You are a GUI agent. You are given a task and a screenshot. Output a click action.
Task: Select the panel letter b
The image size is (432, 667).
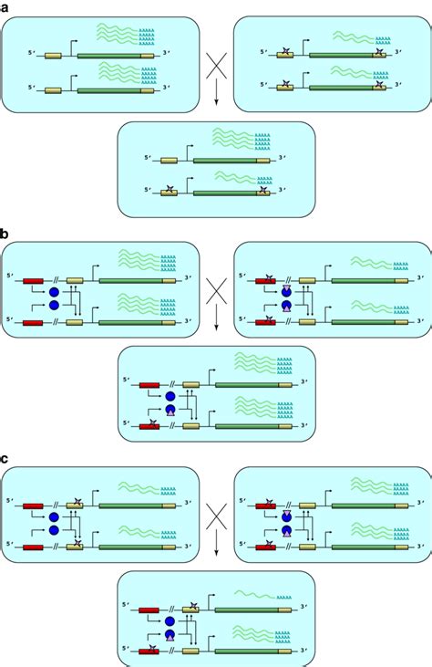tap(5, 235)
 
